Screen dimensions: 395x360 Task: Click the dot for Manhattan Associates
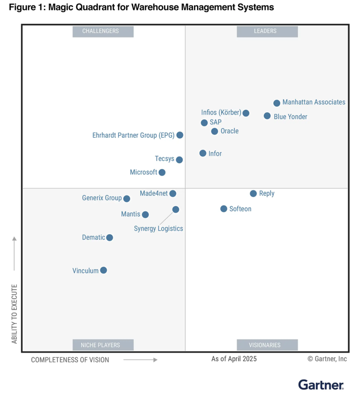277,103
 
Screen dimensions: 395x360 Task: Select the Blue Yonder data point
267,116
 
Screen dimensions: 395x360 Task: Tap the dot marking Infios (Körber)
246,113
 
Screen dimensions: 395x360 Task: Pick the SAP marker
204,123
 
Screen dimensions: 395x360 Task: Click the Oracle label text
229,131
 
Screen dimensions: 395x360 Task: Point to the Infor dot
203,153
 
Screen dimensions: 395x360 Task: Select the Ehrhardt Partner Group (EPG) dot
180,135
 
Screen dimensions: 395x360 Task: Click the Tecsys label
165,159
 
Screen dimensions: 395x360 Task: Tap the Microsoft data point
162,172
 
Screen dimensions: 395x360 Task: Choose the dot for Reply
253,194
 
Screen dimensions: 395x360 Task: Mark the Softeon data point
224,209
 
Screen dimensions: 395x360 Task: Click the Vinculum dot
103,270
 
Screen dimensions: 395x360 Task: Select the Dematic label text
93,238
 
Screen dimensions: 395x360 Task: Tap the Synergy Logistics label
158,228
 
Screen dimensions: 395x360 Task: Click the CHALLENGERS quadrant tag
103,31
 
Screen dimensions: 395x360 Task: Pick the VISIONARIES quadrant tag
267,345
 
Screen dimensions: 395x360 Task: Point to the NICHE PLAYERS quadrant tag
103,345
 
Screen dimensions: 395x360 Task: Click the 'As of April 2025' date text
234,359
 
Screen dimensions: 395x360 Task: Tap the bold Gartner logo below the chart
321,385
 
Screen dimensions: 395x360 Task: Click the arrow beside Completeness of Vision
140,360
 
